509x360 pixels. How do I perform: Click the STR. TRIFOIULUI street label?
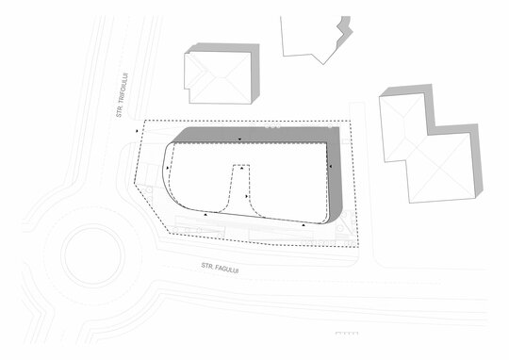click(x=122, y=95)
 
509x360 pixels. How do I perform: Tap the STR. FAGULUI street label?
click(x=220, y=268)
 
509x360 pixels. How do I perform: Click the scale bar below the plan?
click(x=347, y=333)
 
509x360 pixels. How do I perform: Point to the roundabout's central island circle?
click(x=92, y=255)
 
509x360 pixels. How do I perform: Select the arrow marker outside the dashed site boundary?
click(x=137, y=131)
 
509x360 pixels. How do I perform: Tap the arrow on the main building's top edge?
click(x=239, y=139)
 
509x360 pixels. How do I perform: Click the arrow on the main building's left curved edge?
click(x=168, y=168)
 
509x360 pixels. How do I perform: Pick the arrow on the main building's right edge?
click(x=331, y=166)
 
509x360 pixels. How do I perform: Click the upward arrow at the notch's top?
click(x=241, y=168)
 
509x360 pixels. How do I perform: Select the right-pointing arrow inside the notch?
click(x=247, y=196)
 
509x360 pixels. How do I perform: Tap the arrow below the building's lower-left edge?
click(x=205, y=215)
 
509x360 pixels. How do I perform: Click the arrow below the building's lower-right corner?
click(x=304, y=225)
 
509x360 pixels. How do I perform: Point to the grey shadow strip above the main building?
click(x=254, y=135)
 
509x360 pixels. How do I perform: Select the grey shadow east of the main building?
click(x=336, y=175)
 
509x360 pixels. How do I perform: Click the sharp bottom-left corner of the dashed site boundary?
click(x=170, y=233)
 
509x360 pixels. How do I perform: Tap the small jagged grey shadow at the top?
click(x=344, y=32)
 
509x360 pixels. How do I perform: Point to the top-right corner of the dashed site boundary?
click(x=351, y=122)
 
